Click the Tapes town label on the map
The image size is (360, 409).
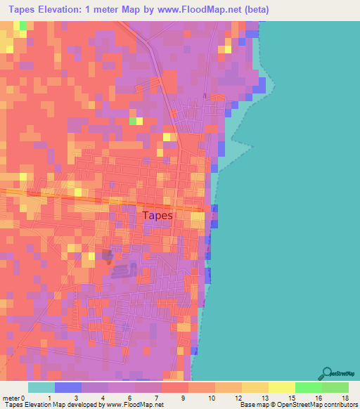157,216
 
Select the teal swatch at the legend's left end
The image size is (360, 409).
41,387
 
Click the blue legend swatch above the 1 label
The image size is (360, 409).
67,387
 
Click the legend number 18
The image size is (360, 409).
345,397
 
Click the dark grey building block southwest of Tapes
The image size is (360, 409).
107,256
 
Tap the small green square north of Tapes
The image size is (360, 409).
133,121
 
